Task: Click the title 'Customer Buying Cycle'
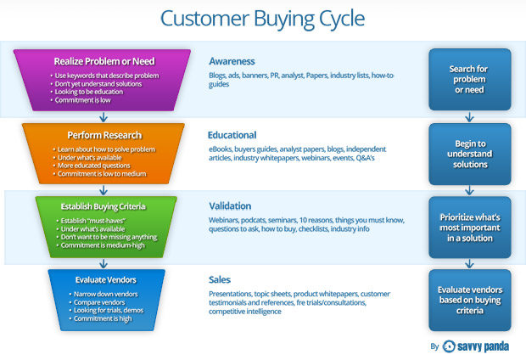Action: [263, 19]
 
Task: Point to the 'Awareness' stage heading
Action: [232, 61]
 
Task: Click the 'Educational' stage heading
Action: [232, 134]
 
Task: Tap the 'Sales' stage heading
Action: [221, 278]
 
